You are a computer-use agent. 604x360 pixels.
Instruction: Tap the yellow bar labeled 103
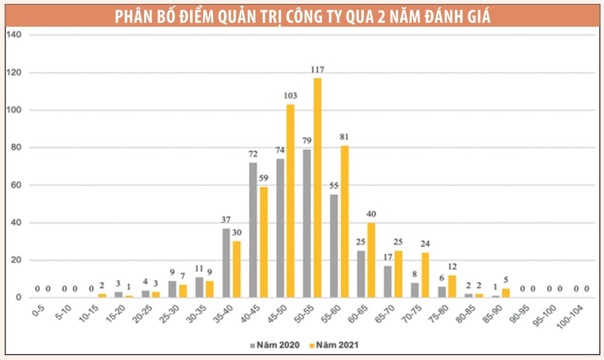290,201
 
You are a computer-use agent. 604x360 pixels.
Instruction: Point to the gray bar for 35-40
226,263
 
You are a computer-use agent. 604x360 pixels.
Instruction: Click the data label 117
317,69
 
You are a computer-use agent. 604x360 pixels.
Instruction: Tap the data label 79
307,140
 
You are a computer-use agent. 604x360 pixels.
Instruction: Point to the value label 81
344,137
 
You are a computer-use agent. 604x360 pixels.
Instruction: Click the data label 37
226,220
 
